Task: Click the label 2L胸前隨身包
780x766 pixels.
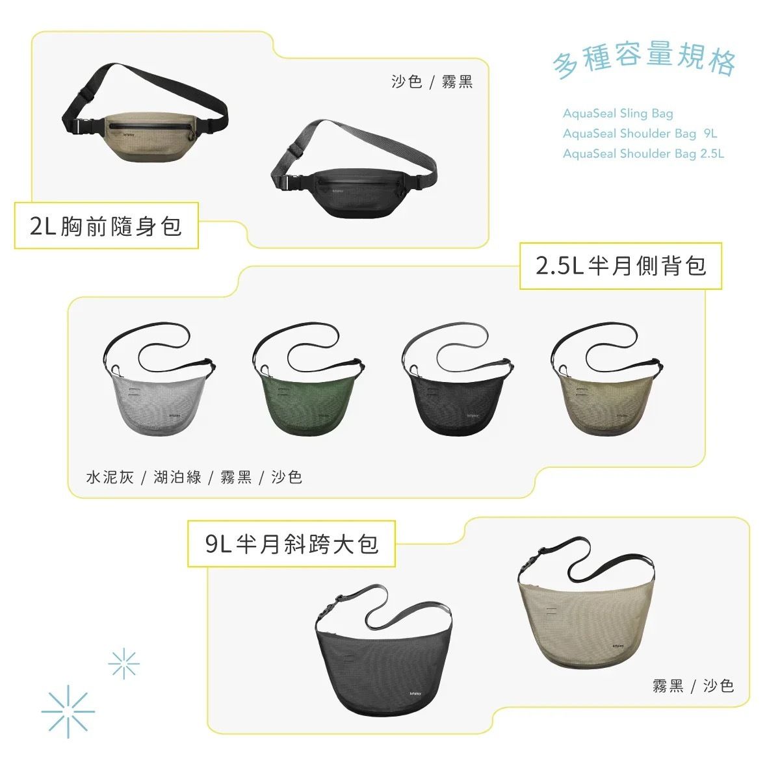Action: coord(106,226)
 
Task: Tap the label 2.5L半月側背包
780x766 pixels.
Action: coord(621,266)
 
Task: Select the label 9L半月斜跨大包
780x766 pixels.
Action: coord(291,544)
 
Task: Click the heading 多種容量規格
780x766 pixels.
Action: coord(644,60)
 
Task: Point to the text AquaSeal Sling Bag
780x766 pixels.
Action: coord(617,114)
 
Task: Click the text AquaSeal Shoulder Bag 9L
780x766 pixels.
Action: coord(640,134)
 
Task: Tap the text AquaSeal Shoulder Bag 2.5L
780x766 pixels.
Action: coord(643,154)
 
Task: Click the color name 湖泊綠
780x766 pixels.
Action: coord(177,478)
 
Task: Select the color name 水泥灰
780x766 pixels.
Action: coord(110,478)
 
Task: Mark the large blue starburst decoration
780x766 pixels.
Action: coord(68,712)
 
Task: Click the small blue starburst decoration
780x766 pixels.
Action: coord(124,663)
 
